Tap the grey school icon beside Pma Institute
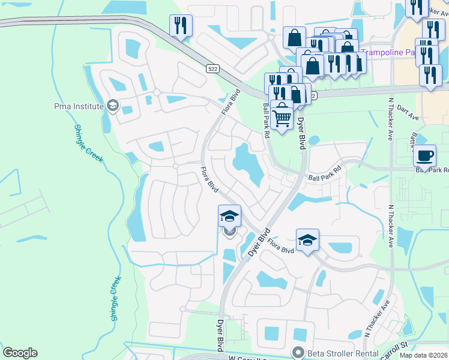pyautogui.click(x=112, y=106)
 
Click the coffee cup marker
pyautogui.click(x=425, y=155)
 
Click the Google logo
pyautogui.click(x=20, y=353)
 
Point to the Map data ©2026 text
pyautogui.click(x=423, y=355)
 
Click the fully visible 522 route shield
pyautogui.click(x=214, y=69)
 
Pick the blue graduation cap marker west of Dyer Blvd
pyautogui.click(x=229, y=216)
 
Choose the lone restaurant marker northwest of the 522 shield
pyautogui.click(x=181, y=26)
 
